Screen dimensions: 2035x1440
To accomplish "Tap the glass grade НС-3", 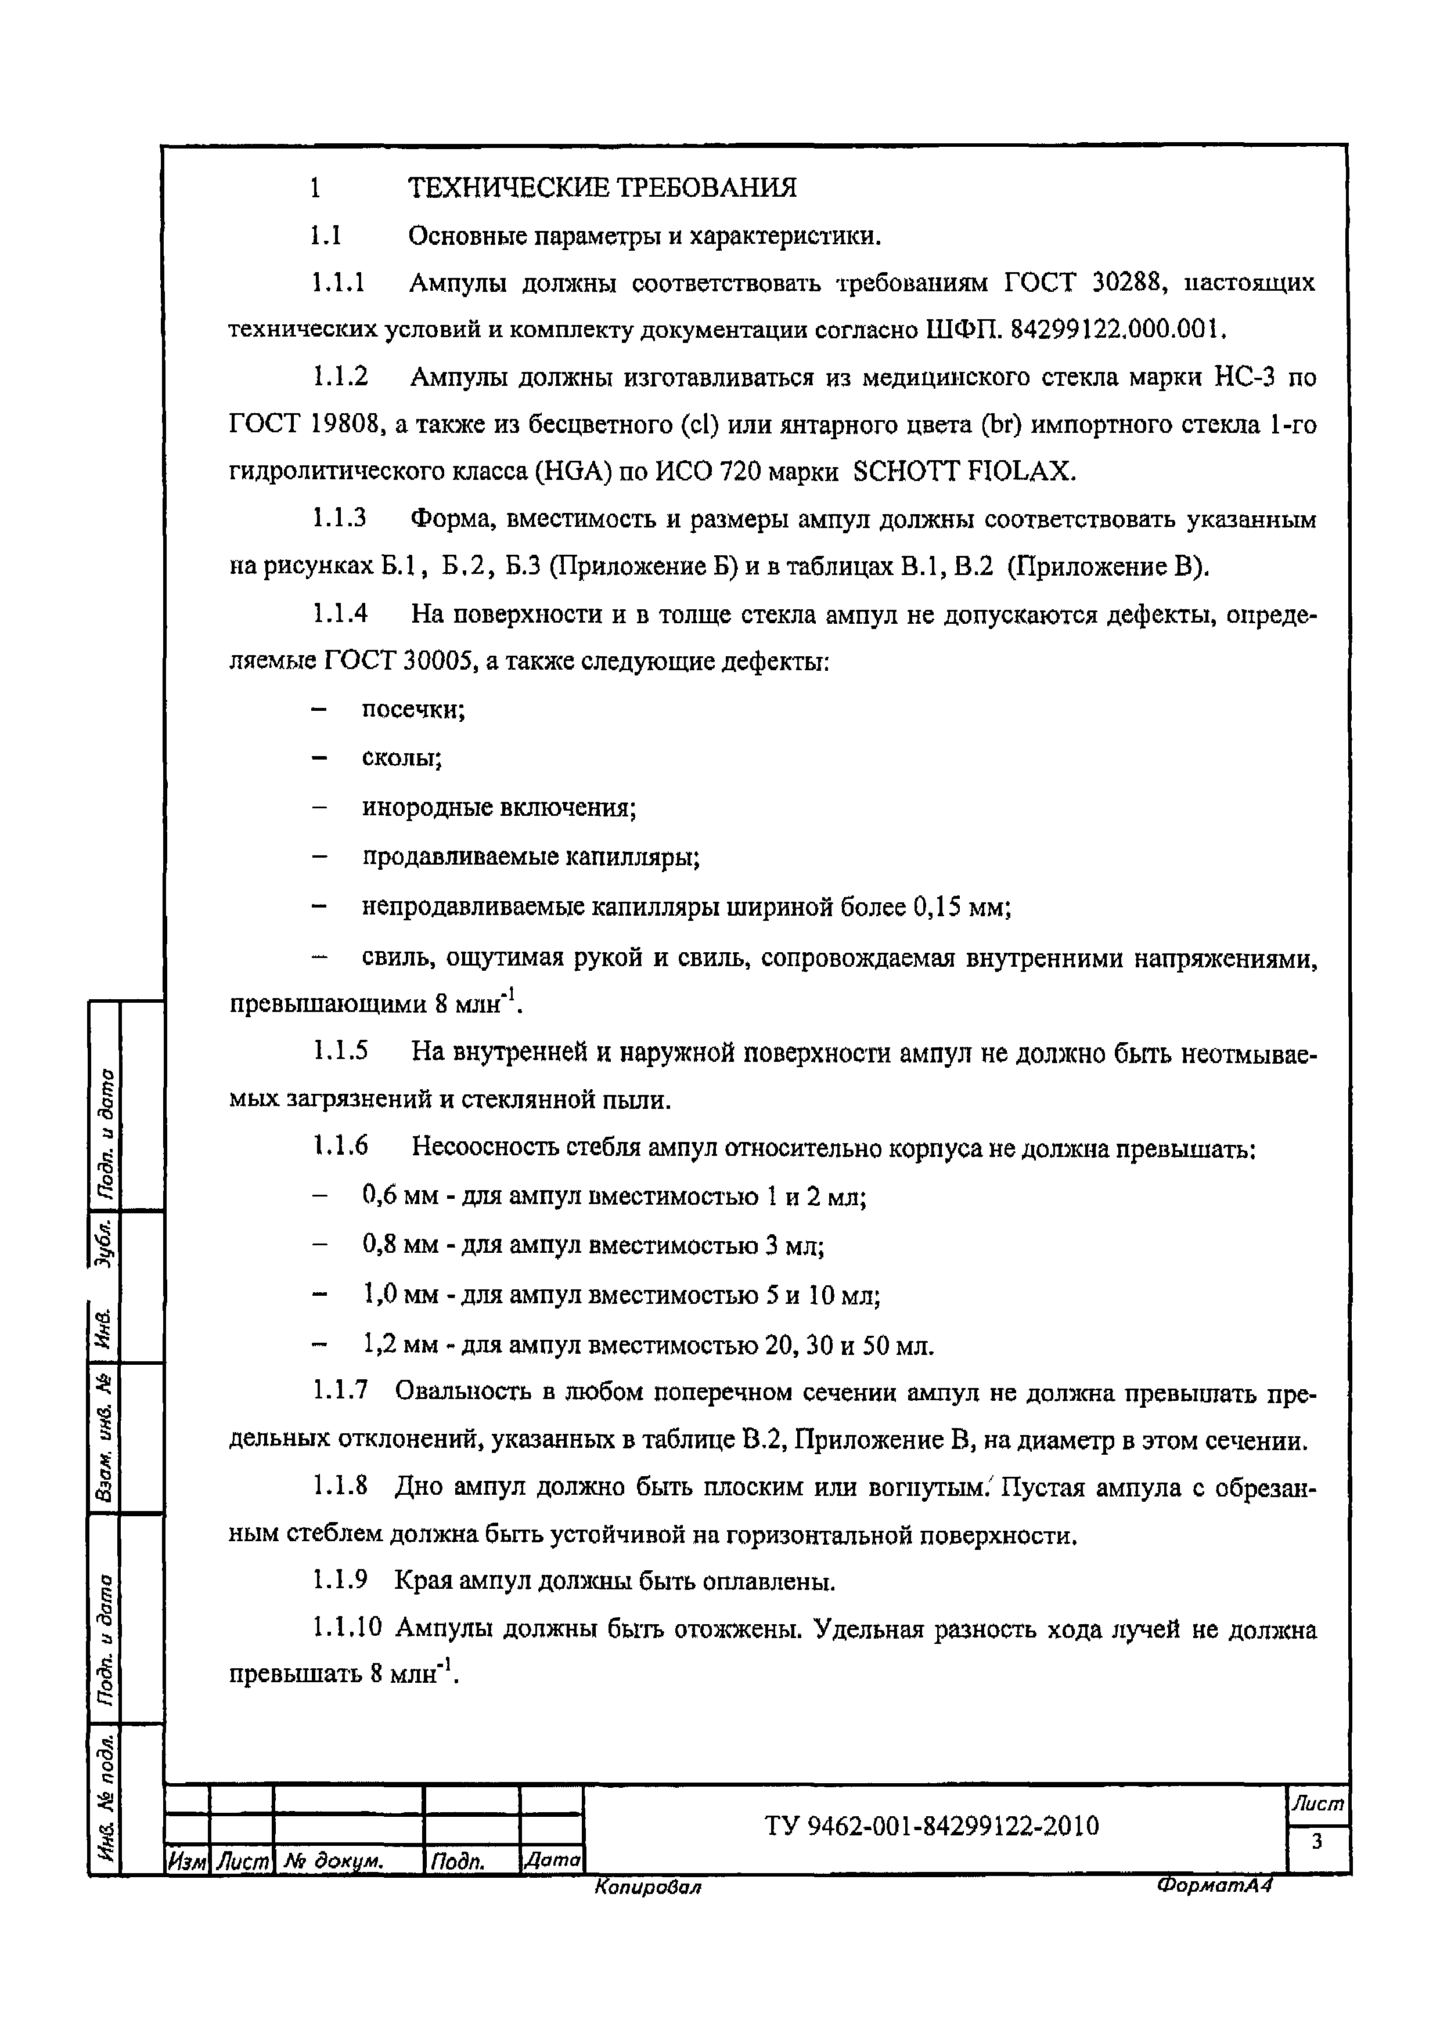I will coord(1242,378).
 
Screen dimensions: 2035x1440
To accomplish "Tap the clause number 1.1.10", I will coord(347,1628).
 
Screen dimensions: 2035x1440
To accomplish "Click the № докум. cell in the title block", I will coord(333,1861).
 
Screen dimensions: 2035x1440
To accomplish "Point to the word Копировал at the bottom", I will coord(647,1888).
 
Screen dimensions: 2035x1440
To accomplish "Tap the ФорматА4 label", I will coord(1214,1885).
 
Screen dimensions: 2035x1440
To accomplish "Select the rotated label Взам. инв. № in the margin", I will coord(105,1438).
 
